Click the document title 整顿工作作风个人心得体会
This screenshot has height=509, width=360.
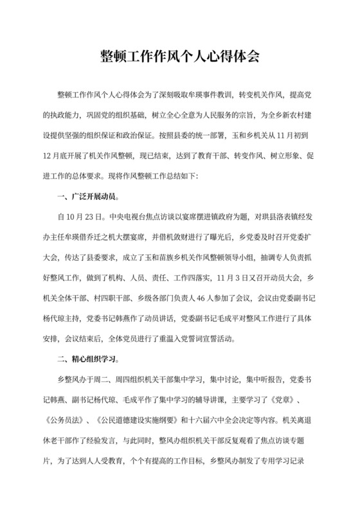pyautogui.click(x=180, y=56)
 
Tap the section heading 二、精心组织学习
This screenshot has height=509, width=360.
pyautogui.click(x=87, y=355)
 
